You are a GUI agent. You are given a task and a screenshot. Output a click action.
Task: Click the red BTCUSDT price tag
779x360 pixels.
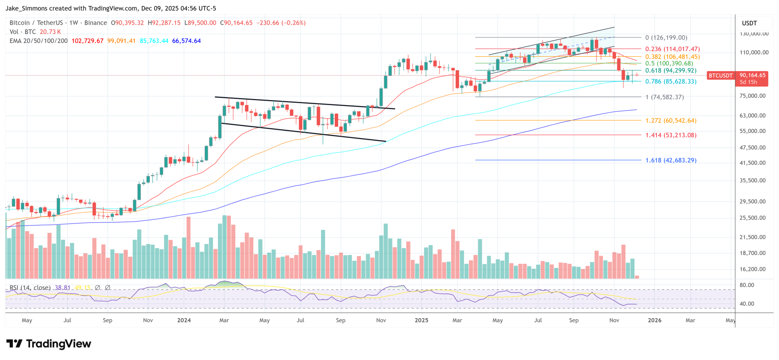coord(720,76)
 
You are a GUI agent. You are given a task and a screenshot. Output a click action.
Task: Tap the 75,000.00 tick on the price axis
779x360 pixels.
coord(752,96)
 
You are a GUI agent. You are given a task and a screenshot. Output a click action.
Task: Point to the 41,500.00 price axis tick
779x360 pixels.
coord(752,163)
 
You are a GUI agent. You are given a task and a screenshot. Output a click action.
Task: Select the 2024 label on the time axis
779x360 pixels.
coord(184,320)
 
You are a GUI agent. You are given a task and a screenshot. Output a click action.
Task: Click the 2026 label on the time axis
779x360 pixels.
coord(654,320)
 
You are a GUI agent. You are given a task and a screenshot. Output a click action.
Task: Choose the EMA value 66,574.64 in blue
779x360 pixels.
coord(186,41)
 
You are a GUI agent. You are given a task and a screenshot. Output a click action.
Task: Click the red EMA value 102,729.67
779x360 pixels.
coord(87,41)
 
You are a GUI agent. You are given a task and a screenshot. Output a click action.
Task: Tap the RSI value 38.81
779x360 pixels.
coord(62,288)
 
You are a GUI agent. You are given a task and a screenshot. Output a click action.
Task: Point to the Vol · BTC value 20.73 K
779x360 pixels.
coord(50,32)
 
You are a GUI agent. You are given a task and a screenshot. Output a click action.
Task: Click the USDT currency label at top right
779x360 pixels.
coord(749,23)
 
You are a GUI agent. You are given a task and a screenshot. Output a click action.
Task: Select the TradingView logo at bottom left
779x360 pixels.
coord(49,344)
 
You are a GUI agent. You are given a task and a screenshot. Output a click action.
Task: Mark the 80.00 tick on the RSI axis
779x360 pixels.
coord(747,285)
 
